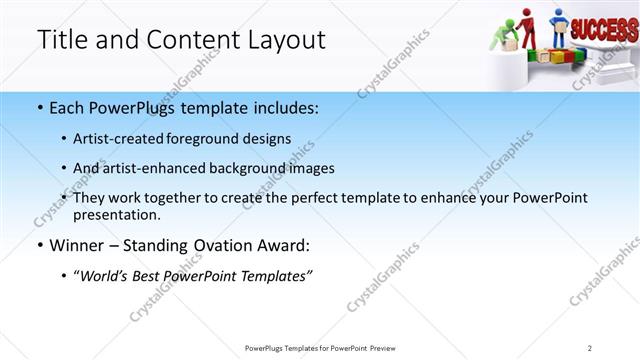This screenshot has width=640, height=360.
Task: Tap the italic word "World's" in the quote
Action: (106, 276)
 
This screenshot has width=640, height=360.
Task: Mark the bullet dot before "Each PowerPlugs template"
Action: (39, 107)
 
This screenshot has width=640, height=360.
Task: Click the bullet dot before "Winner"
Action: (39, 245)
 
